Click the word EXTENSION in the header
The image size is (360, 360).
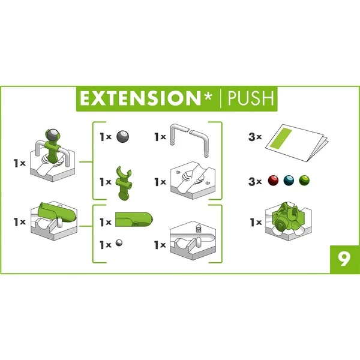click(140, 98)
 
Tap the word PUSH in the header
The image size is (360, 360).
click(251, 98)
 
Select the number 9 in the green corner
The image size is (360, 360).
click(344, 259)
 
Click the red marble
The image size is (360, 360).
click(273, 181)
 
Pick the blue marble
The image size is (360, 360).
click(289, 181)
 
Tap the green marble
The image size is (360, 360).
click(304, 181)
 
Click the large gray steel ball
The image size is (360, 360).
click(122, 136)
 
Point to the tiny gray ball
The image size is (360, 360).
click(119, 242)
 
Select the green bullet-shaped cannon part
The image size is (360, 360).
click(134, 219)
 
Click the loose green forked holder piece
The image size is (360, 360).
click(124, 184)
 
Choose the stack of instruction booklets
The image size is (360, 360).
click(296, 143)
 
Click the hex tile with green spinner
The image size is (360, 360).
click(289, 221)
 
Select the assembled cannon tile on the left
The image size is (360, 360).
click(54, 221)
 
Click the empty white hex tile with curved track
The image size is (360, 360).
click(193, 241)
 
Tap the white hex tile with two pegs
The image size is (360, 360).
click(193, 181)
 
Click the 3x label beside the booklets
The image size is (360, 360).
click(255, 137)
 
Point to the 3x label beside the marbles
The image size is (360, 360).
click(255, 182)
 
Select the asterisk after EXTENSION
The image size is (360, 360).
click(208, 96)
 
